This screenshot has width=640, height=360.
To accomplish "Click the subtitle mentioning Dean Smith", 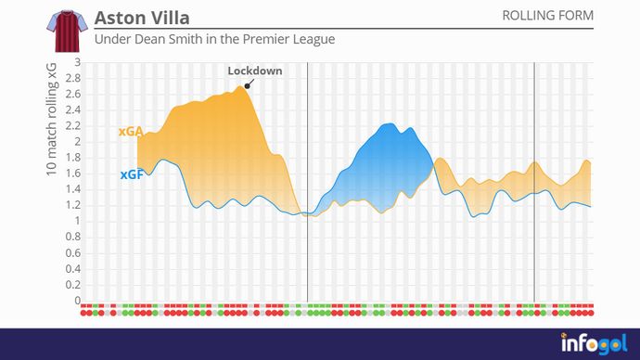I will pos(214,41).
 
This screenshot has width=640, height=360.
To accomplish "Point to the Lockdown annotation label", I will pos(255,71).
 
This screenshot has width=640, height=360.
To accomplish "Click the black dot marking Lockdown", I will pos(247,85).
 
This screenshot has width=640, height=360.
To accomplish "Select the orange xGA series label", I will pos(130,132).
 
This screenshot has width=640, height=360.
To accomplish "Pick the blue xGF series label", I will pos(131,174).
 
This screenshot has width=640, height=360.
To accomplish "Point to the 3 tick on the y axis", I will pos(78,62).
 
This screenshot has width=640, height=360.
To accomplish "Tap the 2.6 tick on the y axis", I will pos(73,95).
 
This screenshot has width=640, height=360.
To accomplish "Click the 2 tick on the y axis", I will pos(78,142).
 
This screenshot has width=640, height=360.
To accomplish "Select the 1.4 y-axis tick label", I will pos(73,189).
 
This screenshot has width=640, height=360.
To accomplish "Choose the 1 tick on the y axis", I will pos(78,221).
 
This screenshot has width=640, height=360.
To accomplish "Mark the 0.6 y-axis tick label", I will pos(73,253).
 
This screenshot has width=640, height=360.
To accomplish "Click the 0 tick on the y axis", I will pos(78,301).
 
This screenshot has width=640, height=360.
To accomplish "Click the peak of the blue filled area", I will pos(392,124).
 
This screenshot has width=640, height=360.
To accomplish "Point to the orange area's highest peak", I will pos(243,86).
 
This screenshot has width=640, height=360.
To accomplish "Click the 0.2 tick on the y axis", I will pos(73,285).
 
